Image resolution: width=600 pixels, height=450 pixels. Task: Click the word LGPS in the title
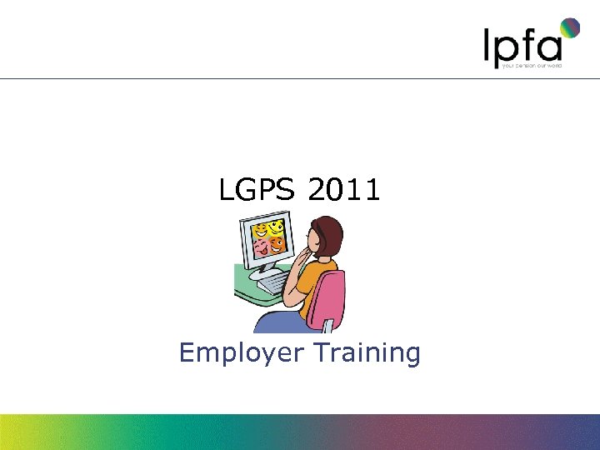click(x=256, y=191)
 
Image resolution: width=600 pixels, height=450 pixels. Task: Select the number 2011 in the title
click(x=343, y=191)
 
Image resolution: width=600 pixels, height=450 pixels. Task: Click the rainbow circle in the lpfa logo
click(x=569, y=27)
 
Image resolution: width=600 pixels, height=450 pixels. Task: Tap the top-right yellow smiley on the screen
click(x=276, y=227)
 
